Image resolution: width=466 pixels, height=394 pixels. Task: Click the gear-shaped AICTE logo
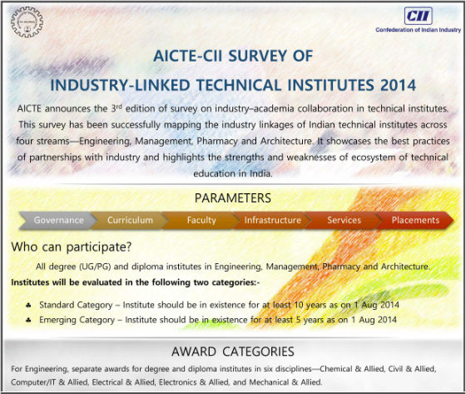click(x=27, y=22)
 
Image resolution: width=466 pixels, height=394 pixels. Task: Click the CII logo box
click(x=418, y=16)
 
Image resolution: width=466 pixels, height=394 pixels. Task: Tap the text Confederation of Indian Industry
click(x=418, y=30)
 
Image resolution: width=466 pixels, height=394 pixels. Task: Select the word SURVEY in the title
click(x=258, y=56)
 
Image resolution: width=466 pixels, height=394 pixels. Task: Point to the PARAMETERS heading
click(x=233, y=198)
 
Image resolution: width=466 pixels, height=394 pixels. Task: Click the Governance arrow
click(x=58, y=220)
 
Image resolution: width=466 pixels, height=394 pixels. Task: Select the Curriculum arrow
click(x=130, y=220)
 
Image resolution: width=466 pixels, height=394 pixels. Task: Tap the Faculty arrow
click(x=201, y=220)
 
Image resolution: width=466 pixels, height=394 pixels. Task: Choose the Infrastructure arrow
click(x=273, y=220)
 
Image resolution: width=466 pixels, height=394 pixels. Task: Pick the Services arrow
click(x=344, y=220)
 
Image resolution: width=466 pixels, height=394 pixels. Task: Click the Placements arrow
click(x=415, y=220)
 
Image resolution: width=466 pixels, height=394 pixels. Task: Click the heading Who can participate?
click(x=72, y=247)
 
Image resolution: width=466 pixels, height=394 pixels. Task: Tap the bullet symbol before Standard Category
click(x=28, y=306)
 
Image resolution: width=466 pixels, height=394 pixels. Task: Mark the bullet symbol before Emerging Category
click(x=28, y=320)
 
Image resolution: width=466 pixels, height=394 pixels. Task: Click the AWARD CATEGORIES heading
click(x=233, y=352)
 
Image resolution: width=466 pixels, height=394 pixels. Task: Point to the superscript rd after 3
click(x=119, y=107)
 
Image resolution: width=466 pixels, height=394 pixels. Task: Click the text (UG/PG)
click(x=95, y=267)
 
